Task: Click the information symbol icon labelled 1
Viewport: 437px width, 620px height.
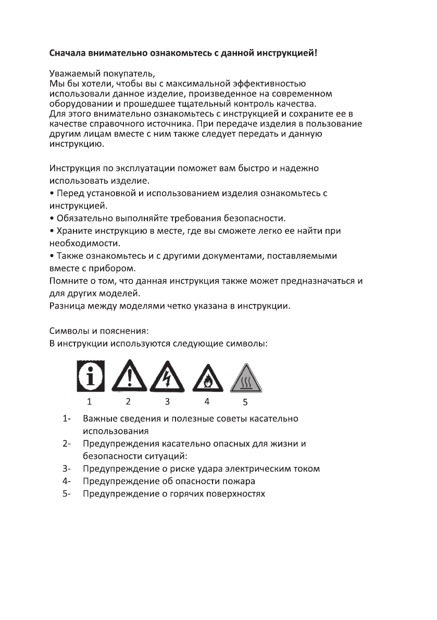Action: click(x=91, y=375)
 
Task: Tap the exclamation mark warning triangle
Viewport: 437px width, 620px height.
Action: click(x=128, y=376)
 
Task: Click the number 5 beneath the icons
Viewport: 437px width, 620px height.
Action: click(x=245, y=402)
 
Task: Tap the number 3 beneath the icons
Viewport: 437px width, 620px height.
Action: click(x=167, y=401)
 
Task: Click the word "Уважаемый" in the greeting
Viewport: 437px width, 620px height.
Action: click(x=72, y=73)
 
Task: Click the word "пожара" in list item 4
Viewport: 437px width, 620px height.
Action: click(x=241, y=481)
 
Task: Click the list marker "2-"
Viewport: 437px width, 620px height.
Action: click(x=66, y=444)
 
